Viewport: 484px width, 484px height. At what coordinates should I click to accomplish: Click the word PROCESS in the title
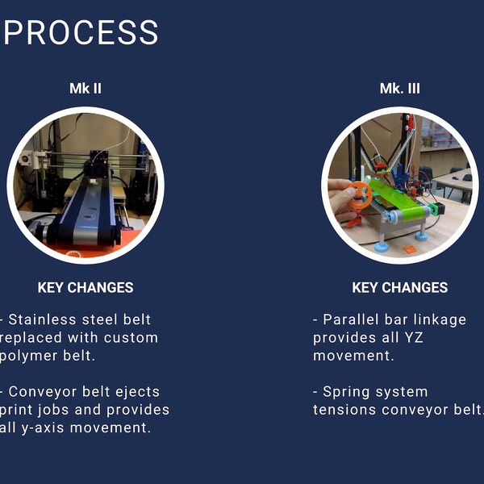(81, 33)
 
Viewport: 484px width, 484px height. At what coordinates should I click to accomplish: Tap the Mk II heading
(85, 89)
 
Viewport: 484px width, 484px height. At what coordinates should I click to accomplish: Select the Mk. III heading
(399, 89)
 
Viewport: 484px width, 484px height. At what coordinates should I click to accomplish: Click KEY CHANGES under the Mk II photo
(86, 287)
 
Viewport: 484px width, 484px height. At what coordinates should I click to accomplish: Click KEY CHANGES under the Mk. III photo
(399, 287)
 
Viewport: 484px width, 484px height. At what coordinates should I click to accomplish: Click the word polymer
(31, 356)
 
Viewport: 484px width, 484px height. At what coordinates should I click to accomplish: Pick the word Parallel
(353, 319)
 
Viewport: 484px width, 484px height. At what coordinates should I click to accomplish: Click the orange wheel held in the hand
(360, 194)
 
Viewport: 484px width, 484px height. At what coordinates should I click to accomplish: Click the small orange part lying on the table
(410, 251)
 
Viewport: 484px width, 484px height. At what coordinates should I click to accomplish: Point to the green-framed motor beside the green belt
(433, 209)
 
